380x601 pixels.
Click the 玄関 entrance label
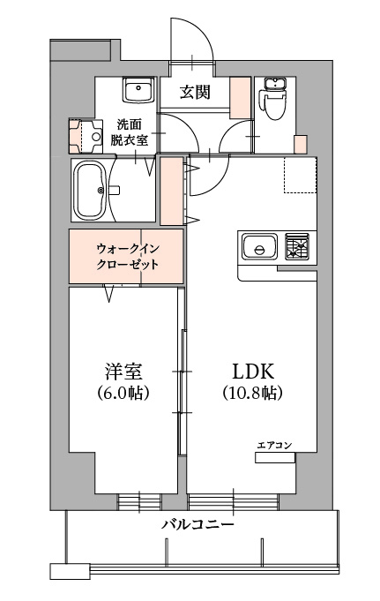click(196, 92)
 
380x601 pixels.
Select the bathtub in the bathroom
click(91, 191)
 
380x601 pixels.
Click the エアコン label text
click(275, 445)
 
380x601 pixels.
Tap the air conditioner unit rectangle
click(275, 458)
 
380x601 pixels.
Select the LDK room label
click(253, 372)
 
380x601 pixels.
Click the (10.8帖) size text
click(253, 393)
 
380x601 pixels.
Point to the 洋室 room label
click(123, 372)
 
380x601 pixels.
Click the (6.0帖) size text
click(123, 393)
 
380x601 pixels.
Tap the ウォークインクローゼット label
click(127, 257)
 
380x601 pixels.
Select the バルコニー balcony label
click(197, 524)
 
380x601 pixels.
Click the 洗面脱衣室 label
click(129, 132)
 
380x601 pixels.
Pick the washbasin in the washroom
click(138, 90)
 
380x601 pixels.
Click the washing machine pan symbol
click(86, 137)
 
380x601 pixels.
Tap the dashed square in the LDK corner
click(301, 175)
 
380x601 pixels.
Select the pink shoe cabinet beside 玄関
click(240, 98)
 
